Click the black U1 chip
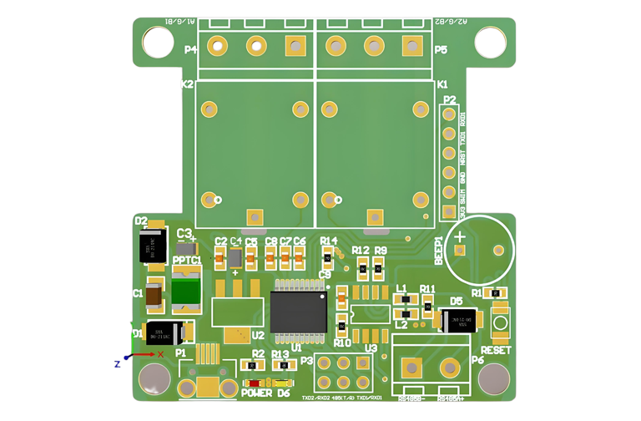(298, 312)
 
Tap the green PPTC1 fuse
(185, 292)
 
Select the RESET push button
(500, 322)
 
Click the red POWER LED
(253, 383)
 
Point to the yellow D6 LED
(281, 383)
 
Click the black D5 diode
(457, 319)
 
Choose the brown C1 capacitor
(154, 295)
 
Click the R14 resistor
(328, 259)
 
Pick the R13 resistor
(280, 366)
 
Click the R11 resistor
(428, 307)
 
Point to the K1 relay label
(442, 84)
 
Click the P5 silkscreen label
(441, 50)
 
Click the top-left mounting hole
(158, 42)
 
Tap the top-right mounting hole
(491, 43)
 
